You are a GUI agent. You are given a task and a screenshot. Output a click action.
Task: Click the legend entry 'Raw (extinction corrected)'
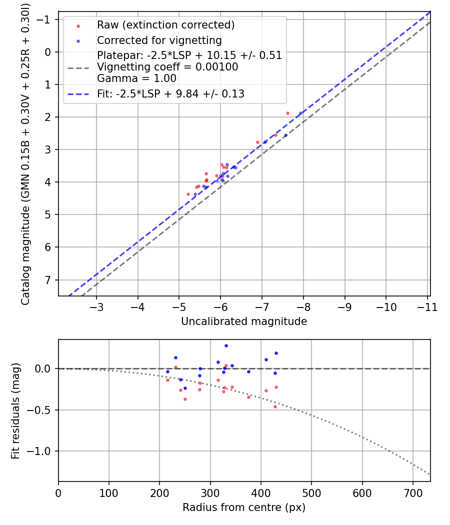(165, 25)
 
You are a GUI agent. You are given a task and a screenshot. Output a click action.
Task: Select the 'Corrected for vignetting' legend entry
(159, 40)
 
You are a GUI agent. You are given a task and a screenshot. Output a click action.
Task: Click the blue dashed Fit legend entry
(170, 93)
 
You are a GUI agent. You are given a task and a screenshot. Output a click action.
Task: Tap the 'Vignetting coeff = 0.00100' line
(167, 66)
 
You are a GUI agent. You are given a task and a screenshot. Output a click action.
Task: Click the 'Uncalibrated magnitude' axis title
(244, 321)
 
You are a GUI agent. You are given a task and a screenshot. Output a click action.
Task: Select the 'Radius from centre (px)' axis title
(244, 507)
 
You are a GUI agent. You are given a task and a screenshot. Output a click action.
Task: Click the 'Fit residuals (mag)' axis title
(15, 411)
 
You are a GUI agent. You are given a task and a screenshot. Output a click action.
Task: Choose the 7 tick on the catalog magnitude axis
(47, 279)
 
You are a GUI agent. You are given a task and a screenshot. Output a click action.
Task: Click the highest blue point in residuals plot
(226, 345)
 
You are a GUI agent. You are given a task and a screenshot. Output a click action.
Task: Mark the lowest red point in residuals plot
(275, 406)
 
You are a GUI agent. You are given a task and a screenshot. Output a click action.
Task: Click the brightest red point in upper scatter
(287, 113)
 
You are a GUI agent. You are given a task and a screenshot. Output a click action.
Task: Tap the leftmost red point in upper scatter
(188, 194)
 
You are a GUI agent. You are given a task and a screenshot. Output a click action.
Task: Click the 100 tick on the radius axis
(109, 492)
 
